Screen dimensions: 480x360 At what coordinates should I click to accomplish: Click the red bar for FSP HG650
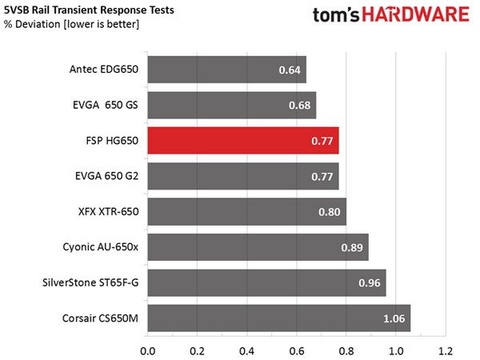pos(243,141)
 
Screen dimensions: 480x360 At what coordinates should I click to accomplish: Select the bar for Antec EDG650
pos(227,70)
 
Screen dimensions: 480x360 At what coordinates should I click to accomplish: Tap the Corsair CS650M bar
pos(279,318)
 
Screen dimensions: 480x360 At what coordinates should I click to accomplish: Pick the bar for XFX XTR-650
pos(246,211)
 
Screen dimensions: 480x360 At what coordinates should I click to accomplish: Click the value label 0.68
pos(299,106)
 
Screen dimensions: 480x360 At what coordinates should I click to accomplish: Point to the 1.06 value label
pos(394,318)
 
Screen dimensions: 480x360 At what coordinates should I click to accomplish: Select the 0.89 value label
pos(352,247)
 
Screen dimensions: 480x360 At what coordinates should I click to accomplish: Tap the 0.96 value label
pos(370,283)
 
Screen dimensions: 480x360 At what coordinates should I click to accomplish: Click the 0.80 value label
pos(329,212)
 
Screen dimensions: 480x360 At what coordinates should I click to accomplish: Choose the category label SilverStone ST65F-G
pos(90,282)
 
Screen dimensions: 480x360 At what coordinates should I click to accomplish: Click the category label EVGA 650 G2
pos(107,176)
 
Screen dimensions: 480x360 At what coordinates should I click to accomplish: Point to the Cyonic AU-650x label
pos(101,247)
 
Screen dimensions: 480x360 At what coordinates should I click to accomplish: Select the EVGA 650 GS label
pos(106,105)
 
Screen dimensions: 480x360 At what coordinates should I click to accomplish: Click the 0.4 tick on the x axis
pos(246,351)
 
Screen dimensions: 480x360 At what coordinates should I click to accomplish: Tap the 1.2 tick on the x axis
pos(445,351)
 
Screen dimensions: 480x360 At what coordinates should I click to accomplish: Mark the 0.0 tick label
pos(147,351)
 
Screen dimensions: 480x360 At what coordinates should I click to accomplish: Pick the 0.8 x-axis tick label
pos(346,351)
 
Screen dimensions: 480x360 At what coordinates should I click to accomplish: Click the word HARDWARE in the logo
pos(416,14)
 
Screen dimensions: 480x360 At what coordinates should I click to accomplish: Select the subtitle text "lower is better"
pos(102,24)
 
